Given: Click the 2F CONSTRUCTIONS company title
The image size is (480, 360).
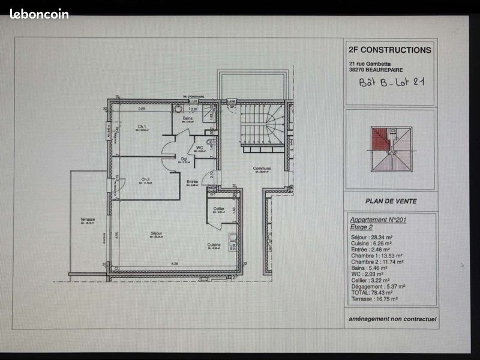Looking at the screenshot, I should pyautogui.click(x=389, y=50).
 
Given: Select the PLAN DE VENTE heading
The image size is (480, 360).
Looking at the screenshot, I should pyautogui.click(x=391, y=201).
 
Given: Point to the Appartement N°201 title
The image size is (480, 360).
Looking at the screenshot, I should pyautogui.click(x=377, y=220).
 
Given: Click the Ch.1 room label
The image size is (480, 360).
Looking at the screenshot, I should pyautogui.click(x=142, y=127).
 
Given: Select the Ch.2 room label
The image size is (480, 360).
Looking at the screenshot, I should pyautogui.click(x=145, y=179).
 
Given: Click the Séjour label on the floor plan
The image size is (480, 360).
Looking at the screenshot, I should pyautogui.click(x=157, y=233).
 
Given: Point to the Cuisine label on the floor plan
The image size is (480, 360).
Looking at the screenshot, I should pyautogui.click(x=214, y=245).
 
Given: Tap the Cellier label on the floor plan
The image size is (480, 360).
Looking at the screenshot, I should pyautogui.click(x=219, y=208).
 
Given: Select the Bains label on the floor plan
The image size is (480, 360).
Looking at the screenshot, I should pyautogui.click(x=188, y=118).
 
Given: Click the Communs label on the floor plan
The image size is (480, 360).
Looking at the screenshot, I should pyautogui.click(x=262, y=168).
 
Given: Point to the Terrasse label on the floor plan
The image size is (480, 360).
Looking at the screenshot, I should pyautogui.click(x=88, y=220).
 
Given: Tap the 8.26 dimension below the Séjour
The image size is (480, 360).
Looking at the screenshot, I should pyautogui.click(x=175, y=264).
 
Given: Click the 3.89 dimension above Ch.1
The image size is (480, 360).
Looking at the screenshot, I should pyautogui.click(x=142, y=109).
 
